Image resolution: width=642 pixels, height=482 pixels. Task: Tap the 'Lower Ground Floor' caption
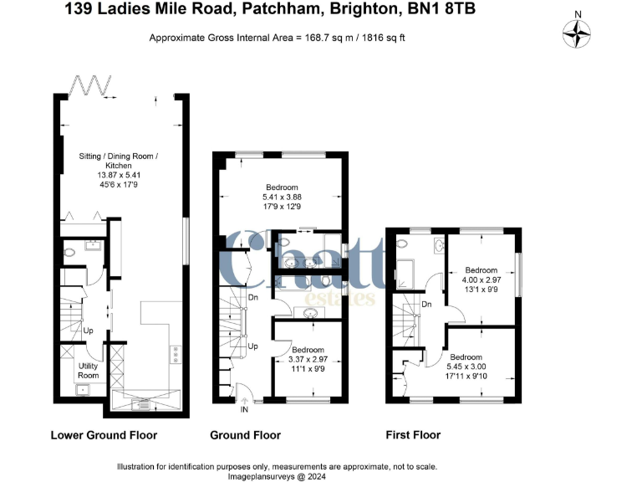104,435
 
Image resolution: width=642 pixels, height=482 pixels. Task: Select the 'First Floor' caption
413,435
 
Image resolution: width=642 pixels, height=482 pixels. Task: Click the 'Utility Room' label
89,371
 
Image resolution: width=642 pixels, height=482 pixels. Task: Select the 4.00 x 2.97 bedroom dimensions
481,281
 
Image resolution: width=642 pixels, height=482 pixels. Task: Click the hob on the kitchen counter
176,355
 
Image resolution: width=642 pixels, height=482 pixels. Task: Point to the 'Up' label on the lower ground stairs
88,331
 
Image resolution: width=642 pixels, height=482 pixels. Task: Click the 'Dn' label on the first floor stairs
426,305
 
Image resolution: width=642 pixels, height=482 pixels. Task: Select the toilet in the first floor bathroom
403,244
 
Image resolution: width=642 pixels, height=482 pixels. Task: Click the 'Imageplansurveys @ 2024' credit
275,475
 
